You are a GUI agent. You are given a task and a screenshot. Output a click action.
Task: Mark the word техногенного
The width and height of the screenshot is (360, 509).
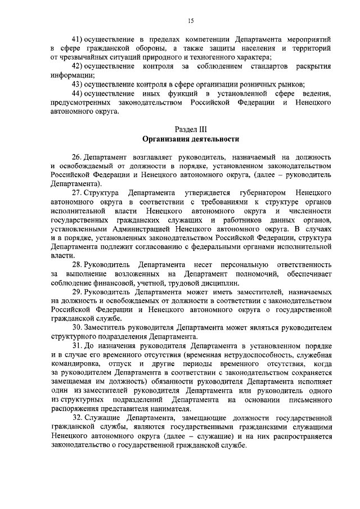pos(210,57)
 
